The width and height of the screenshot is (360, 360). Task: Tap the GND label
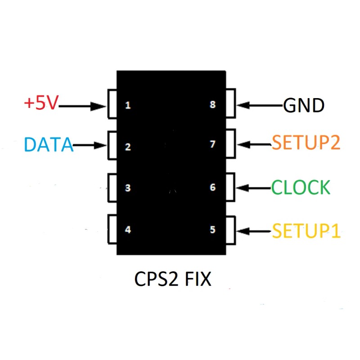coord(304,106)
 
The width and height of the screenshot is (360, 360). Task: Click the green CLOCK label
coord(301,187)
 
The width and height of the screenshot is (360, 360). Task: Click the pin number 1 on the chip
coord(128,106)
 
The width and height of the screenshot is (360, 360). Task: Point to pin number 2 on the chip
coord(128,147)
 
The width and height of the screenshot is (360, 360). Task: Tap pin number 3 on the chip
coord(128,188)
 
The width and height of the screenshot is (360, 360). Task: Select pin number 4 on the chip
coord(128,230)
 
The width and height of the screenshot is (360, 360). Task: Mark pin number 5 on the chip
coord(213,230)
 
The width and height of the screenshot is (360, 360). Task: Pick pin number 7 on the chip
coord(213,144)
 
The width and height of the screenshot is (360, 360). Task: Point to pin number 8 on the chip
coord(213,105)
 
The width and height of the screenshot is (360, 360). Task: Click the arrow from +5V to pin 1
coord(82,107)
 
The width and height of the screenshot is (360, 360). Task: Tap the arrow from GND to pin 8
coord(260,106)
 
